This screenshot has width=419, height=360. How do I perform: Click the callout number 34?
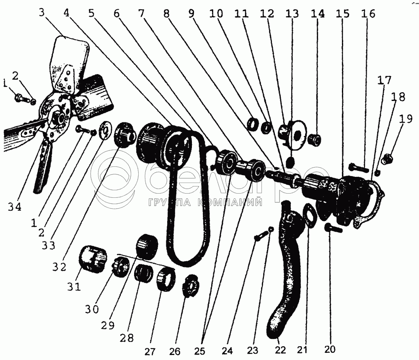coord(15,207)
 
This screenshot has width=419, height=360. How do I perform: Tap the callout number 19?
coord(406,119)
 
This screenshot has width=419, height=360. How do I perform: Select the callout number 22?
coord(280,350)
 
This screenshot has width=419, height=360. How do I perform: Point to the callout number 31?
coord(74,287)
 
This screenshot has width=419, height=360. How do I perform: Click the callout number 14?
coord(318,13)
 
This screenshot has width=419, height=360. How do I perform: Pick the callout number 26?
coord(175,352)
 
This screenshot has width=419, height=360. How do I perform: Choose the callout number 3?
coord(41,12)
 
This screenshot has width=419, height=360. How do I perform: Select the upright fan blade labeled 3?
coord(70,64)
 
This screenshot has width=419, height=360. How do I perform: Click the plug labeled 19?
coord(387,158)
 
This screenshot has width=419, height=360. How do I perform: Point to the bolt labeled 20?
coord(333,228)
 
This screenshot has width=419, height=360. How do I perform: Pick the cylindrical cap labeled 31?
coord(92,259)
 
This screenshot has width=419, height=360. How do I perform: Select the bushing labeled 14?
coord(315,140)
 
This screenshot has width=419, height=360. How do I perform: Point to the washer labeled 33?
coord(106,131)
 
